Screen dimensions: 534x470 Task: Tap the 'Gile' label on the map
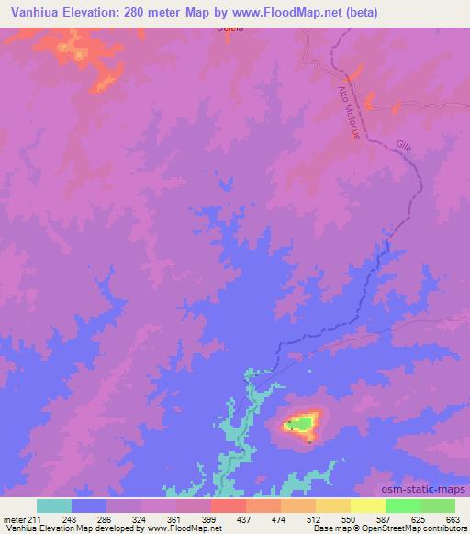pyautogui.click(x=404, y=145)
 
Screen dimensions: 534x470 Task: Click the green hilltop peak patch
pyautogui.click(x=298, y=424)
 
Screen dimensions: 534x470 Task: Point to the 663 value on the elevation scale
pyautogui.click(x=453, y=518)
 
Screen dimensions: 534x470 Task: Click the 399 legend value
pyautogui.click(x=210, y=518)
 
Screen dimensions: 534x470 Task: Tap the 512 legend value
pyautogui.click(x=315, y=518)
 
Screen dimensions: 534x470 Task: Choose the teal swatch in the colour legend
pyautogui.click(x=54, y=506)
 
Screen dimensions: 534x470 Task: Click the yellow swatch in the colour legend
pyautogui.click(x=367, y=506)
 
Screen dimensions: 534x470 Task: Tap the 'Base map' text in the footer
pyautogui.click(x=328, y=529)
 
